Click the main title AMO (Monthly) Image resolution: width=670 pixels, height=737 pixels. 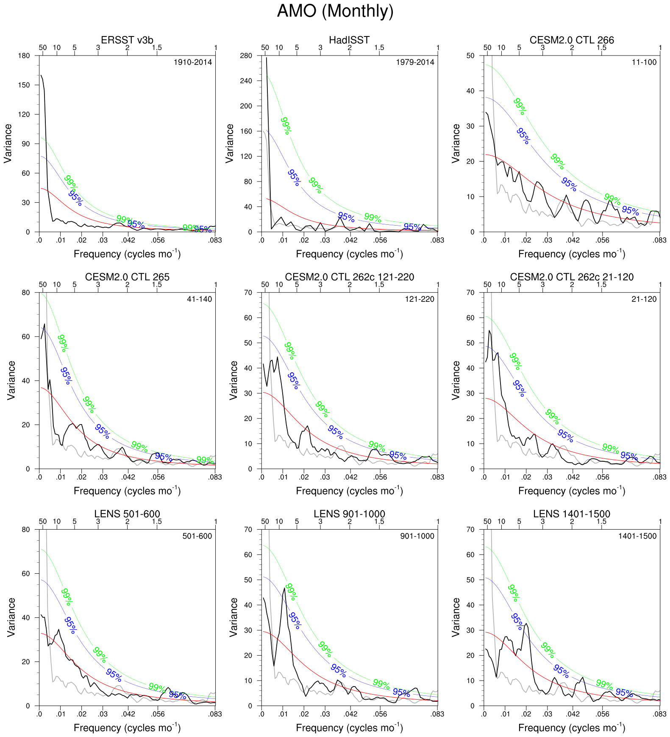(x=335, y=11)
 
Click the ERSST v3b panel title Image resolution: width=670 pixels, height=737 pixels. (x=127, y=40)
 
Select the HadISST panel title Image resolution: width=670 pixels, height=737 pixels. (x=349, y=40)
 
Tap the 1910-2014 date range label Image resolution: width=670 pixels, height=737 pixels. (x=193, y=62)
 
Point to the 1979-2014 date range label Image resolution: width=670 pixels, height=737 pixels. (x=415, y=62)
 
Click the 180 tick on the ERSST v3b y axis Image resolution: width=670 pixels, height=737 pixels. (x=25, y=56)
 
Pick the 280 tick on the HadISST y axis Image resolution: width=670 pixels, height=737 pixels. (x=246, y=56)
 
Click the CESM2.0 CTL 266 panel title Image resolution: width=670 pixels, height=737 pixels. (x=572, y=40)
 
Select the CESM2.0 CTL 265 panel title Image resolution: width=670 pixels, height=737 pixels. (x=127, y=277)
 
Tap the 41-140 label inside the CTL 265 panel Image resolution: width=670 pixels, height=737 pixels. (x=199, y=299)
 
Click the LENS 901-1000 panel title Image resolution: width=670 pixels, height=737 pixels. (x=349, y=514)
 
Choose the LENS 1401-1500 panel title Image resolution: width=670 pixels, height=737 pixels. (x=572, y=514)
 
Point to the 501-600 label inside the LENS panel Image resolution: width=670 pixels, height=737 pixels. (x=197, y=536)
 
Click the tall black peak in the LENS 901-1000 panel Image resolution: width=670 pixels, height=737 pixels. (x=284, y=589)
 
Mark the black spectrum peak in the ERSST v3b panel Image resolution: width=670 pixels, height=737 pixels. (x=42, y=76)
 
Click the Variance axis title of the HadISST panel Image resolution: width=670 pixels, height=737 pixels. (x=230, y=143)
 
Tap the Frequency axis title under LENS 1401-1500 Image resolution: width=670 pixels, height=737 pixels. (x=572, y=728)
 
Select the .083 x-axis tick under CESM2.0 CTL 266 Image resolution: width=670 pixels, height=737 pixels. (x=659, y=240)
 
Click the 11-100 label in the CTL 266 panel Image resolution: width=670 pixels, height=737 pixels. (x=644, y=62)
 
